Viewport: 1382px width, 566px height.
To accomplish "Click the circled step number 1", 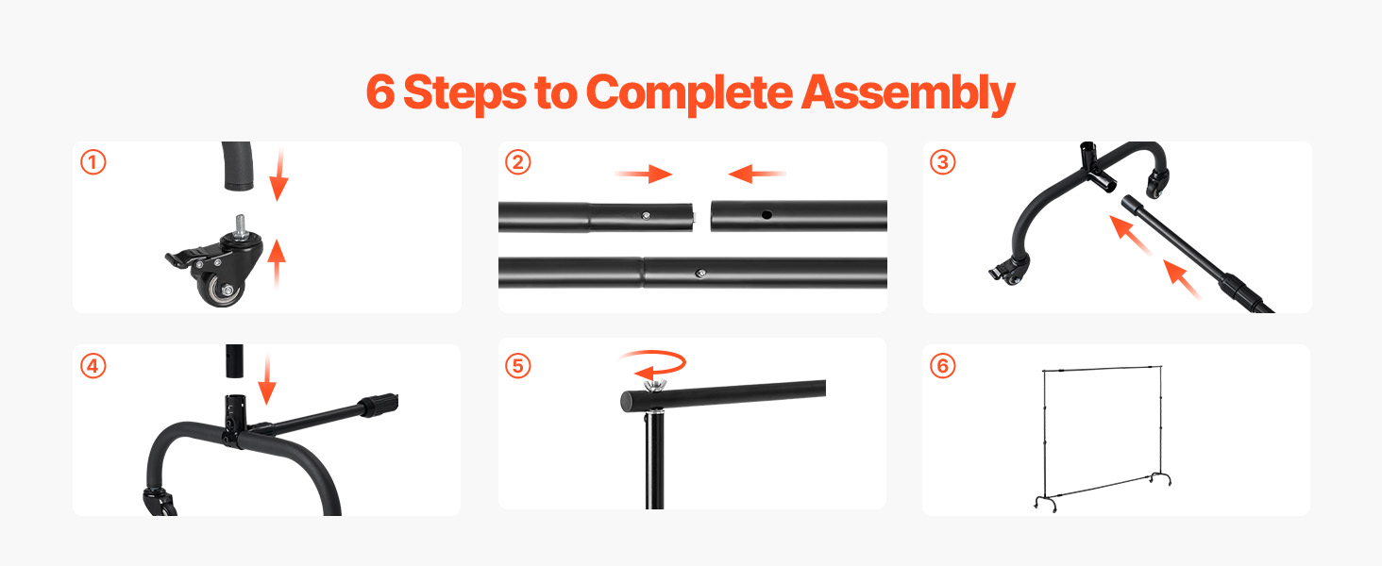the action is [93, 162].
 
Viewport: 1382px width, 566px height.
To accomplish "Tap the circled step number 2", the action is [517, 162].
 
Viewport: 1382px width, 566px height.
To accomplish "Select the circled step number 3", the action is [943, 162].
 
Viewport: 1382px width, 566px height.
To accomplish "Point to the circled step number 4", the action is [93, 366].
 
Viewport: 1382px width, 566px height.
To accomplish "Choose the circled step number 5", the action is [517, 366].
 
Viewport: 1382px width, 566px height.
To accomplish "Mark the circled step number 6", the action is [943, 366].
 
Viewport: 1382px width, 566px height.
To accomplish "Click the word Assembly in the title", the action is [907, 93].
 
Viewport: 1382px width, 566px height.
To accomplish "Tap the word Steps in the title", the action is [464, 92].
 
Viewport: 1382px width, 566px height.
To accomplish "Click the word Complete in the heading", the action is [688, 93].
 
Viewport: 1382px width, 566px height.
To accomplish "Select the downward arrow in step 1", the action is [278, 175].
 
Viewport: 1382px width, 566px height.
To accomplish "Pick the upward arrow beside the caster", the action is [277, 264].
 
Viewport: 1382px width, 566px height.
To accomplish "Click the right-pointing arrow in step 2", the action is [644, 174].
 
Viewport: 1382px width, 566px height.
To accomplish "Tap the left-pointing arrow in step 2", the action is [757, 174].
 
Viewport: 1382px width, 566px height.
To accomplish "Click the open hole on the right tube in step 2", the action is [767, 214].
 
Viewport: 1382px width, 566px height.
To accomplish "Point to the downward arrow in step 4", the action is [267, 379].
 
